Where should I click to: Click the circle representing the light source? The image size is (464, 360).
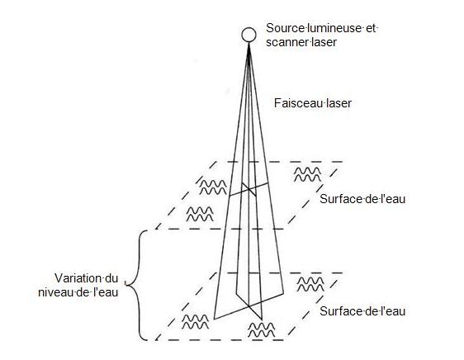[249, 35]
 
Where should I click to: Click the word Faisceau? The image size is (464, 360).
[299, 103]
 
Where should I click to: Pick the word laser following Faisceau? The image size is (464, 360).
[339, 103]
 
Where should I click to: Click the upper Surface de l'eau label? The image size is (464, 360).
[362, 199]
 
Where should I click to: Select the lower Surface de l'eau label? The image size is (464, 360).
[362, 311]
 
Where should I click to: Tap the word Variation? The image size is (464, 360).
[78, 278]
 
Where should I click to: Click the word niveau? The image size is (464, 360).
[56, 292]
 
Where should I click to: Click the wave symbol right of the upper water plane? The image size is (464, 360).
[308, 174]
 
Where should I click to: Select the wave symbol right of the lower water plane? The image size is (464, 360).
[310, 284]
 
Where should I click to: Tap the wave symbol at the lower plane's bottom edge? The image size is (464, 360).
[261, 329]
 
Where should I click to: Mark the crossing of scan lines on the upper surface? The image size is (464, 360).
[249, 189]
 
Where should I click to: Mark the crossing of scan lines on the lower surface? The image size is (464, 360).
[249, 306]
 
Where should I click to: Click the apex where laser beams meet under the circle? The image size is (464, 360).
[249, 44]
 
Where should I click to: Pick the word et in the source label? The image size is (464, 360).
[370, 28]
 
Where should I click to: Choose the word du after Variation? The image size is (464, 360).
[111, 278]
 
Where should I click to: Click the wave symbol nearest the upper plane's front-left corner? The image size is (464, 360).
[200, 214]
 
